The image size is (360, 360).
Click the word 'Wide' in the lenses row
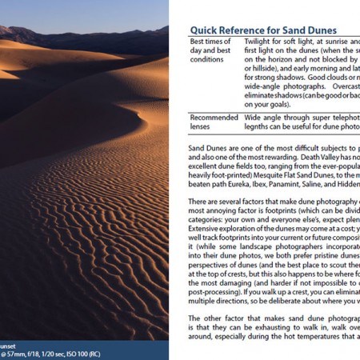click(x=254, y=116)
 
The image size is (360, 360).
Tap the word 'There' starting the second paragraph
click(x=199, y=205)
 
